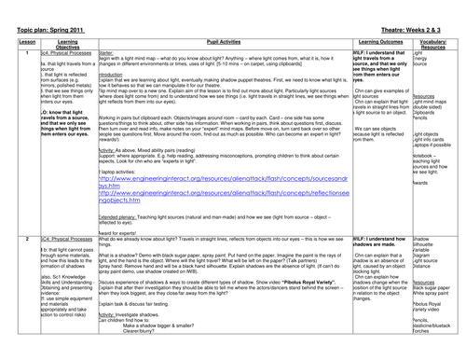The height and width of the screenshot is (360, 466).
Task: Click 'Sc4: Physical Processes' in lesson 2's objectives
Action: pos(62,239)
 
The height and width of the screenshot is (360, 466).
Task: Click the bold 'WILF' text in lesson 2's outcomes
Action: pos(359,239)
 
